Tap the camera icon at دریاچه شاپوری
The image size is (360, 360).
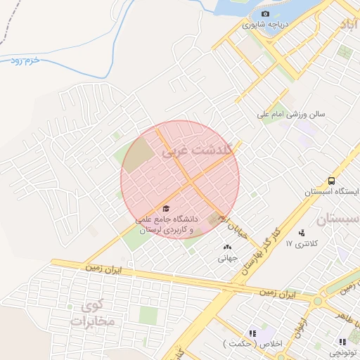(x=265, y=14)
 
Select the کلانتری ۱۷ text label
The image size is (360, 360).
(x=302, y=243)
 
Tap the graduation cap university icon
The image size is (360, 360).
(x=166, y=208)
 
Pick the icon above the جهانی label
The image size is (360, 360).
(x=226, y=247)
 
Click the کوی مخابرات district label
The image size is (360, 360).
(x=97, y=314)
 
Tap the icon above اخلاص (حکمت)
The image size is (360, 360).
(x=251, y=333)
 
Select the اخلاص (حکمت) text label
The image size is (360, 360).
(x=251, y=344)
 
